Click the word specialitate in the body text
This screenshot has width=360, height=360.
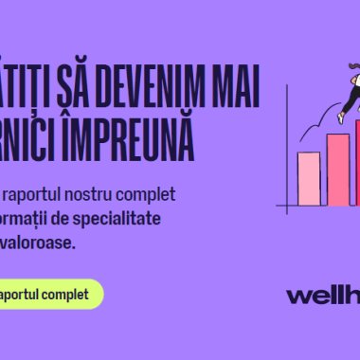[x=142, y=218]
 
